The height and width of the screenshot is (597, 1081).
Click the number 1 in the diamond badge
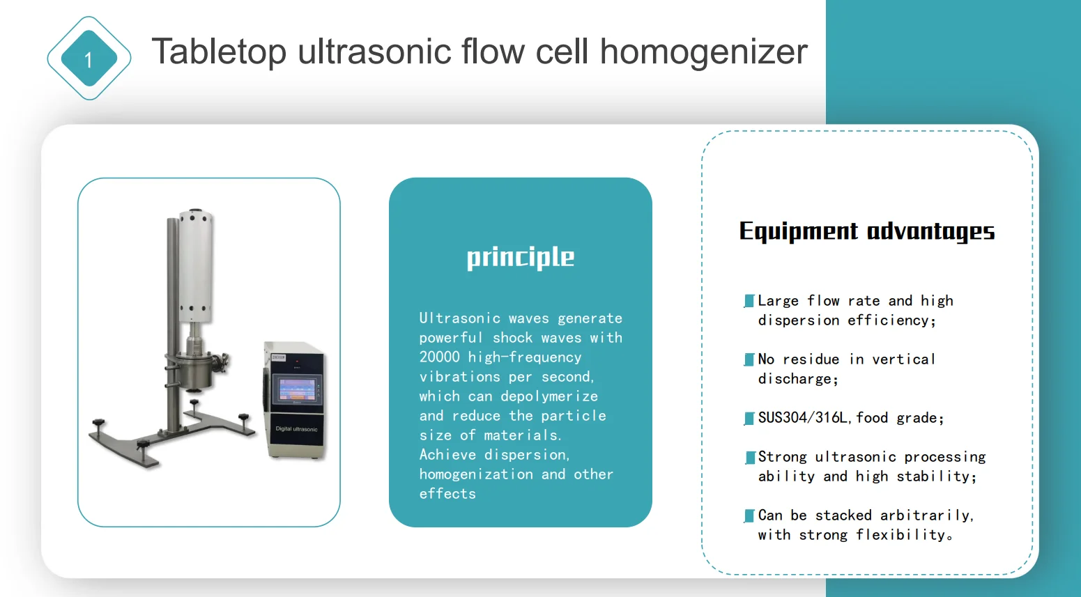89,60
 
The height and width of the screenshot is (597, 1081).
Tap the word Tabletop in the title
219,52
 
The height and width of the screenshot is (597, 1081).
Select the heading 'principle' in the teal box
520,257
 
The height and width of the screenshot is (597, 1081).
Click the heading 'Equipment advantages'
866,231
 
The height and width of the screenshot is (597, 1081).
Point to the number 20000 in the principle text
439,357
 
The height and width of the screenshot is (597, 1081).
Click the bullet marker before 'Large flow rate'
749,301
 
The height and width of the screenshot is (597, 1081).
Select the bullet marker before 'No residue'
749,359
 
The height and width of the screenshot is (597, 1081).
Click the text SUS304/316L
802,418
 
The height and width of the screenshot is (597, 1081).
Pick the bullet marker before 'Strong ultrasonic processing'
750,457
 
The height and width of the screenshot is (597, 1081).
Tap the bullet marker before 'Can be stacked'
749,515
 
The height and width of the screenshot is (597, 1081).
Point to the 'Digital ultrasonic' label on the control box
296,429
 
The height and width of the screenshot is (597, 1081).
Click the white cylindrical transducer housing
195,265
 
